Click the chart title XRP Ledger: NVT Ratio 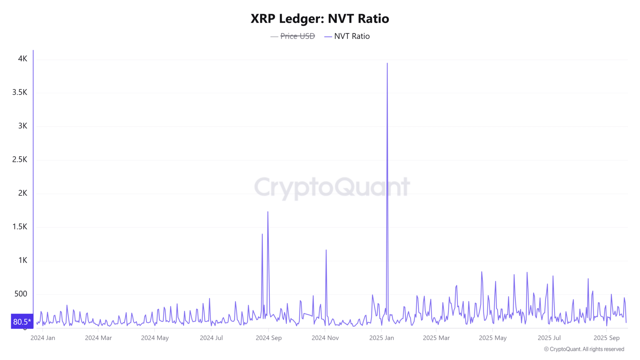tap(320, 19)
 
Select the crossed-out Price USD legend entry tap(297, 36)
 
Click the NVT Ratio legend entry tap(352, 36)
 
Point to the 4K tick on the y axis tap(23, 59)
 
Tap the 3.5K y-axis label tap(20, 92)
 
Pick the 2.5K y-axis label tap(20, 159)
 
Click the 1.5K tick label tap(20, 227)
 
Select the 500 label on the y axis tap(21, 294)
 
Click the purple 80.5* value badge tap(22, 322)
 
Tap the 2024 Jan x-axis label tap(43, 338)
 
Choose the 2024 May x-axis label tap(155, 338)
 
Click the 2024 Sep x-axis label tap(268, 338)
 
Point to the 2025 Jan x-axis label tap(382, 338)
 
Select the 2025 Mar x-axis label tap(436, 338)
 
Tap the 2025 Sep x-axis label tap(607, 338)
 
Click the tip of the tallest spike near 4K tap(387, 63)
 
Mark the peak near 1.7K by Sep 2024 tap(268, 212)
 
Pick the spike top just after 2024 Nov tap(326, 250)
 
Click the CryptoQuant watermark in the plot tap(332, 187)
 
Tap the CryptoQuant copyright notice tap(584, 349)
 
